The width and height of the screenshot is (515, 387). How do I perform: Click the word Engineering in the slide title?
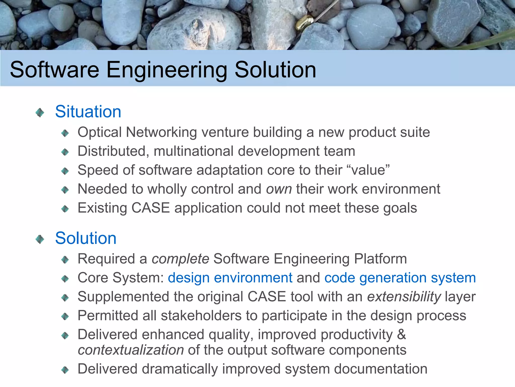click(x=166, y=70)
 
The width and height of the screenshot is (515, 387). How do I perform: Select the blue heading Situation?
click(x=88, y=112)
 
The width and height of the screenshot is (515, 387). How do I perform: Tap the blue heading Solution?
click(x=86, y=238)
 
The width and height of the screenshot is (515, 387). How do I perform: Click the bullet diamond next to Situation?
click(x=40, y=112)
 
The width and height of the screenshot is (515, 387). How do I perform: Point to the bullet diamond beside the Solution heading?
click(x=40, y=239)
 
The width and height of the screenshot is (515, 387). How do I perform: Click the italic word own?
click(x=279, y=189)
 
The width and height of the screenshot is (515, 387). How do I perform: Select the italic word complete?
click(x=180, y=259)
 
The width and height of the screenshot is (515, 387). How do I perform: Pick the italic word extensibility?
click(x=404, y=297)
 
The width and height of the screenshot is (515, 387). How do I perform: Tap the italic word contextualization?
click(x=131, y=350)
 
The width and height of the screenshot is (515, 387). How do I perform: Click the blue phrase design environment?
click(x=230, y=278)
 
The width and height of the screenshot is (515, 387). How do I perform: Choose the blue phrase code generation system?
click(x=400, y=278)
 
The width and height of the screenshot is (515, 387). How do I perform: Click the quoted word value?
click(x=368, y=170)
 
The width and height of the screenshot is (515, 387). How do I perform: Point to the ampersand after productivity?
click(x=402, y=334)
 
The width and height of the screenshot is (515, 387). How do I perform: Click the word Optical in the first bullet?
click(x=100, y=132)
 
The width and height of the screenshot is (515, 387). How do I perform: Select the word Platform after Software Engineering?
click(x=380, y=259)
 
